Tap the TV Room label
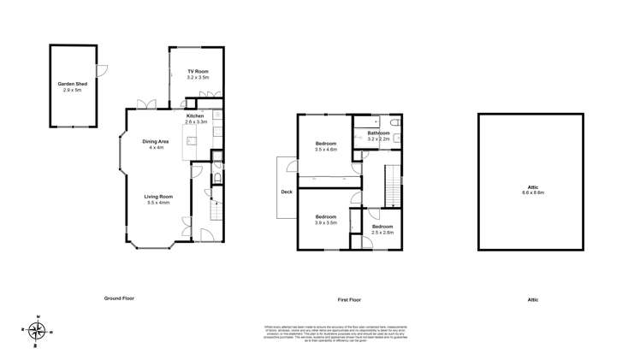(x=198, y=72)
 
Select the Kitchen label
(x=195, y=115)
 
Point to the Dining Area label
(x=156, y=142)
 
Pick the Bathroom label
(x=378, y=133)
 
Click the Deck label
(x=287, y=192)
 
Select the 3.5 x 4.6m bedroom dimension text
(x=326, y=150)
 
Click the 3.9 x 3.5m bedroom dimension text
(x=326, y=221)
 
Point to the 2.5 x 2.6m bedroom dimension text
(x=382, y=232)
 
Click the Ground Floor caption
(x=119, y=298)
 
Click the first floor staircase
(x=394, y=184)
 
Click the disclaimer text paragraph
(x=320, y=334)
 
